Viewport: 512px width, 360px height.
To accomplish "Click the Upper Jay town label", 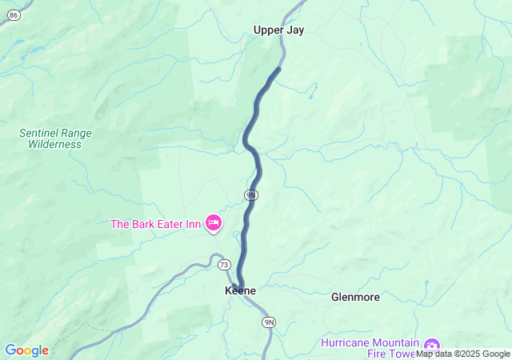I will click(x=278, y=30).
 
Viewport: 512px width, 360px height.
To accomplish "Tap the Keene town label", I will click(x=240, y=291).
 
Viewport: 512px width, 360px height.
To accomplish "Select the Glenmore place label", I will click(x=355, y=297).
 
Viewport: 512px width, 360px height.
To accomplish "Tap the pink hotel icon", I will click(x=213, y=223).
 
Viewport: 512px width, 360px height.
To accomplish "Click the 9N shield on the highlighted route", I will click(x=250, y=194).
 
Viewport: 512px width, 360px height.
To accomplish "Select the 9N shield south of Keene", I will click(x=269, y=322).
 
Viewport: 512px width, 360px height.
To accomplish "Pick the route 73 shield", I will click(x=223, y=265).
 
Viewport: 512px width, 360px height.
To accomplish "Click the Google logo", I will click(x=26, y=350).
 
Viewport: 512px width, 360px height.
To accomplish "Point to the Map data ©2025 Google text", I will click(x=463, y=354).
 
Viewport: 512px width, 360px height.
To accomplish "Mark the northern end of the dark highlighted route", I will click(x=278, y=69).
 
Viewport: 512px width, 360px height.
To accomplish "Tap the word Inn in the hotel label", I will click(x=192, y=224).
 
